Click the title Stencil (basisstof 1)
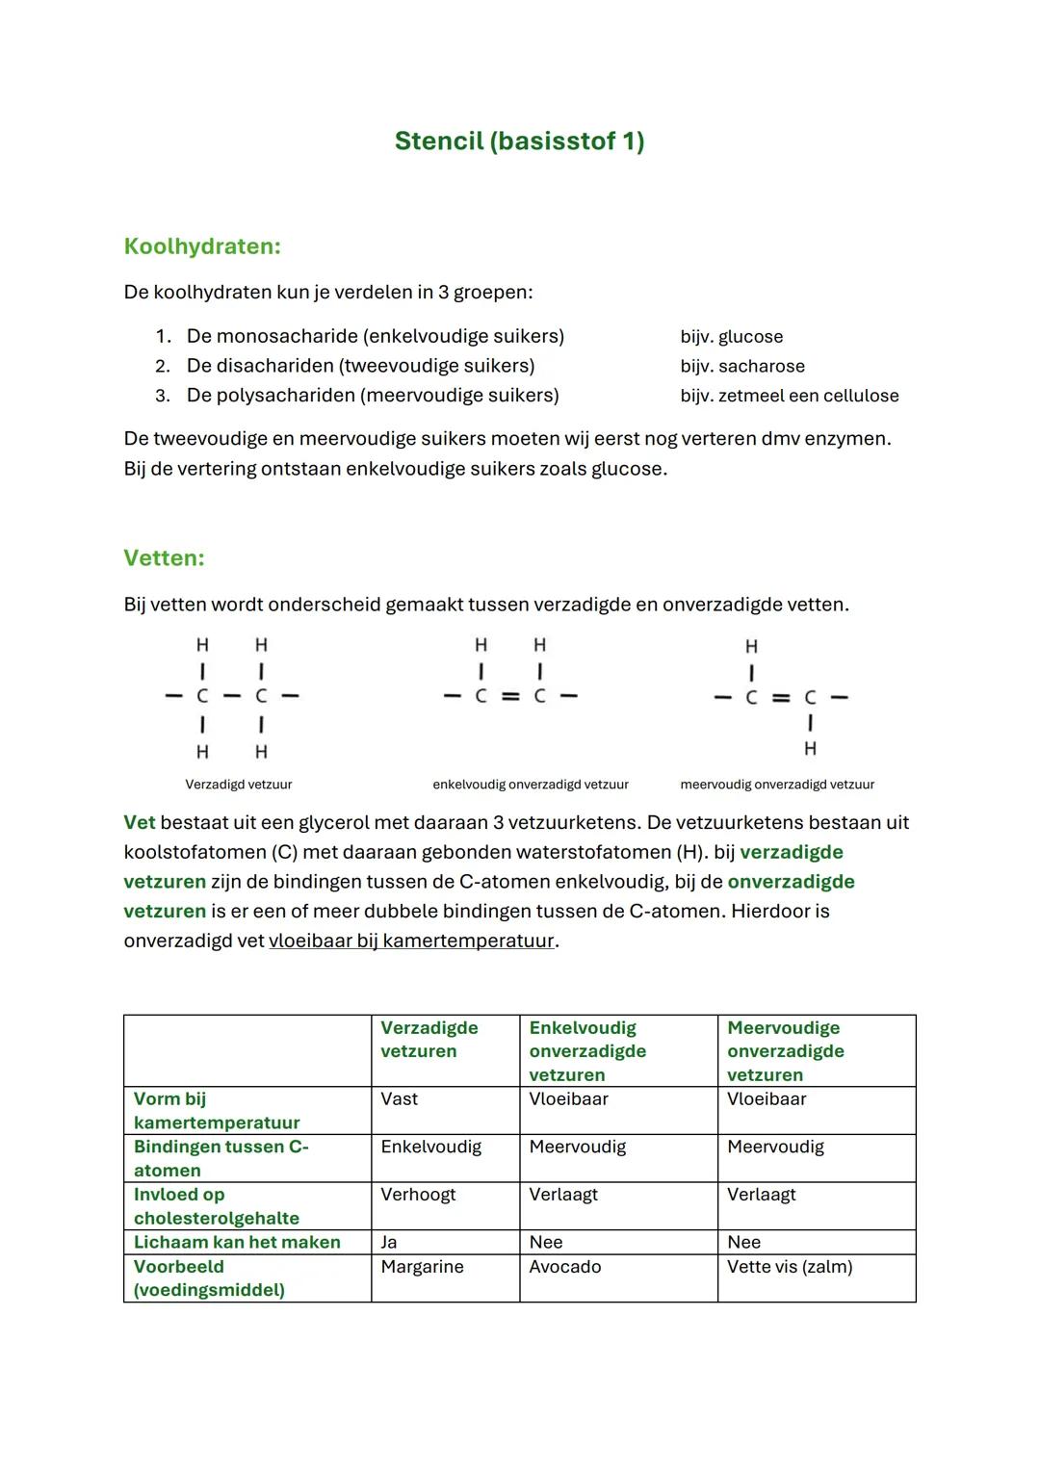519,142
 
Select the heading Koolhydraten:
202,246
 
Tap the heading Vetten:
164,558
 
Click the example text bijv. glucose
731,337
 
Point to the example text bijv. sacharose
741,367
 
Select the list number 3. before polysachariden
162,396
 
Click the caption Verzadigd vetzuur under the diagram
238,785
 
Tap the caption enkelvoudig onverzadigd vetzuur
530,785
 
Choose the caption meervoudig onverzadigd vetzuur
776,785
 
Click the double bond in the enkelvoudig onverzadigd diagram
510,696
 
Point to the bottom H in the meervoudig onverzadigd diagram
810,748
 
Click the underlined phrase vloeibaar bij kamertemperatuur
411,941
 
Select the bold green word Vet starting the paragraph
139,823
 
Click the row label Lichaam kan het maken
237,1243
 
